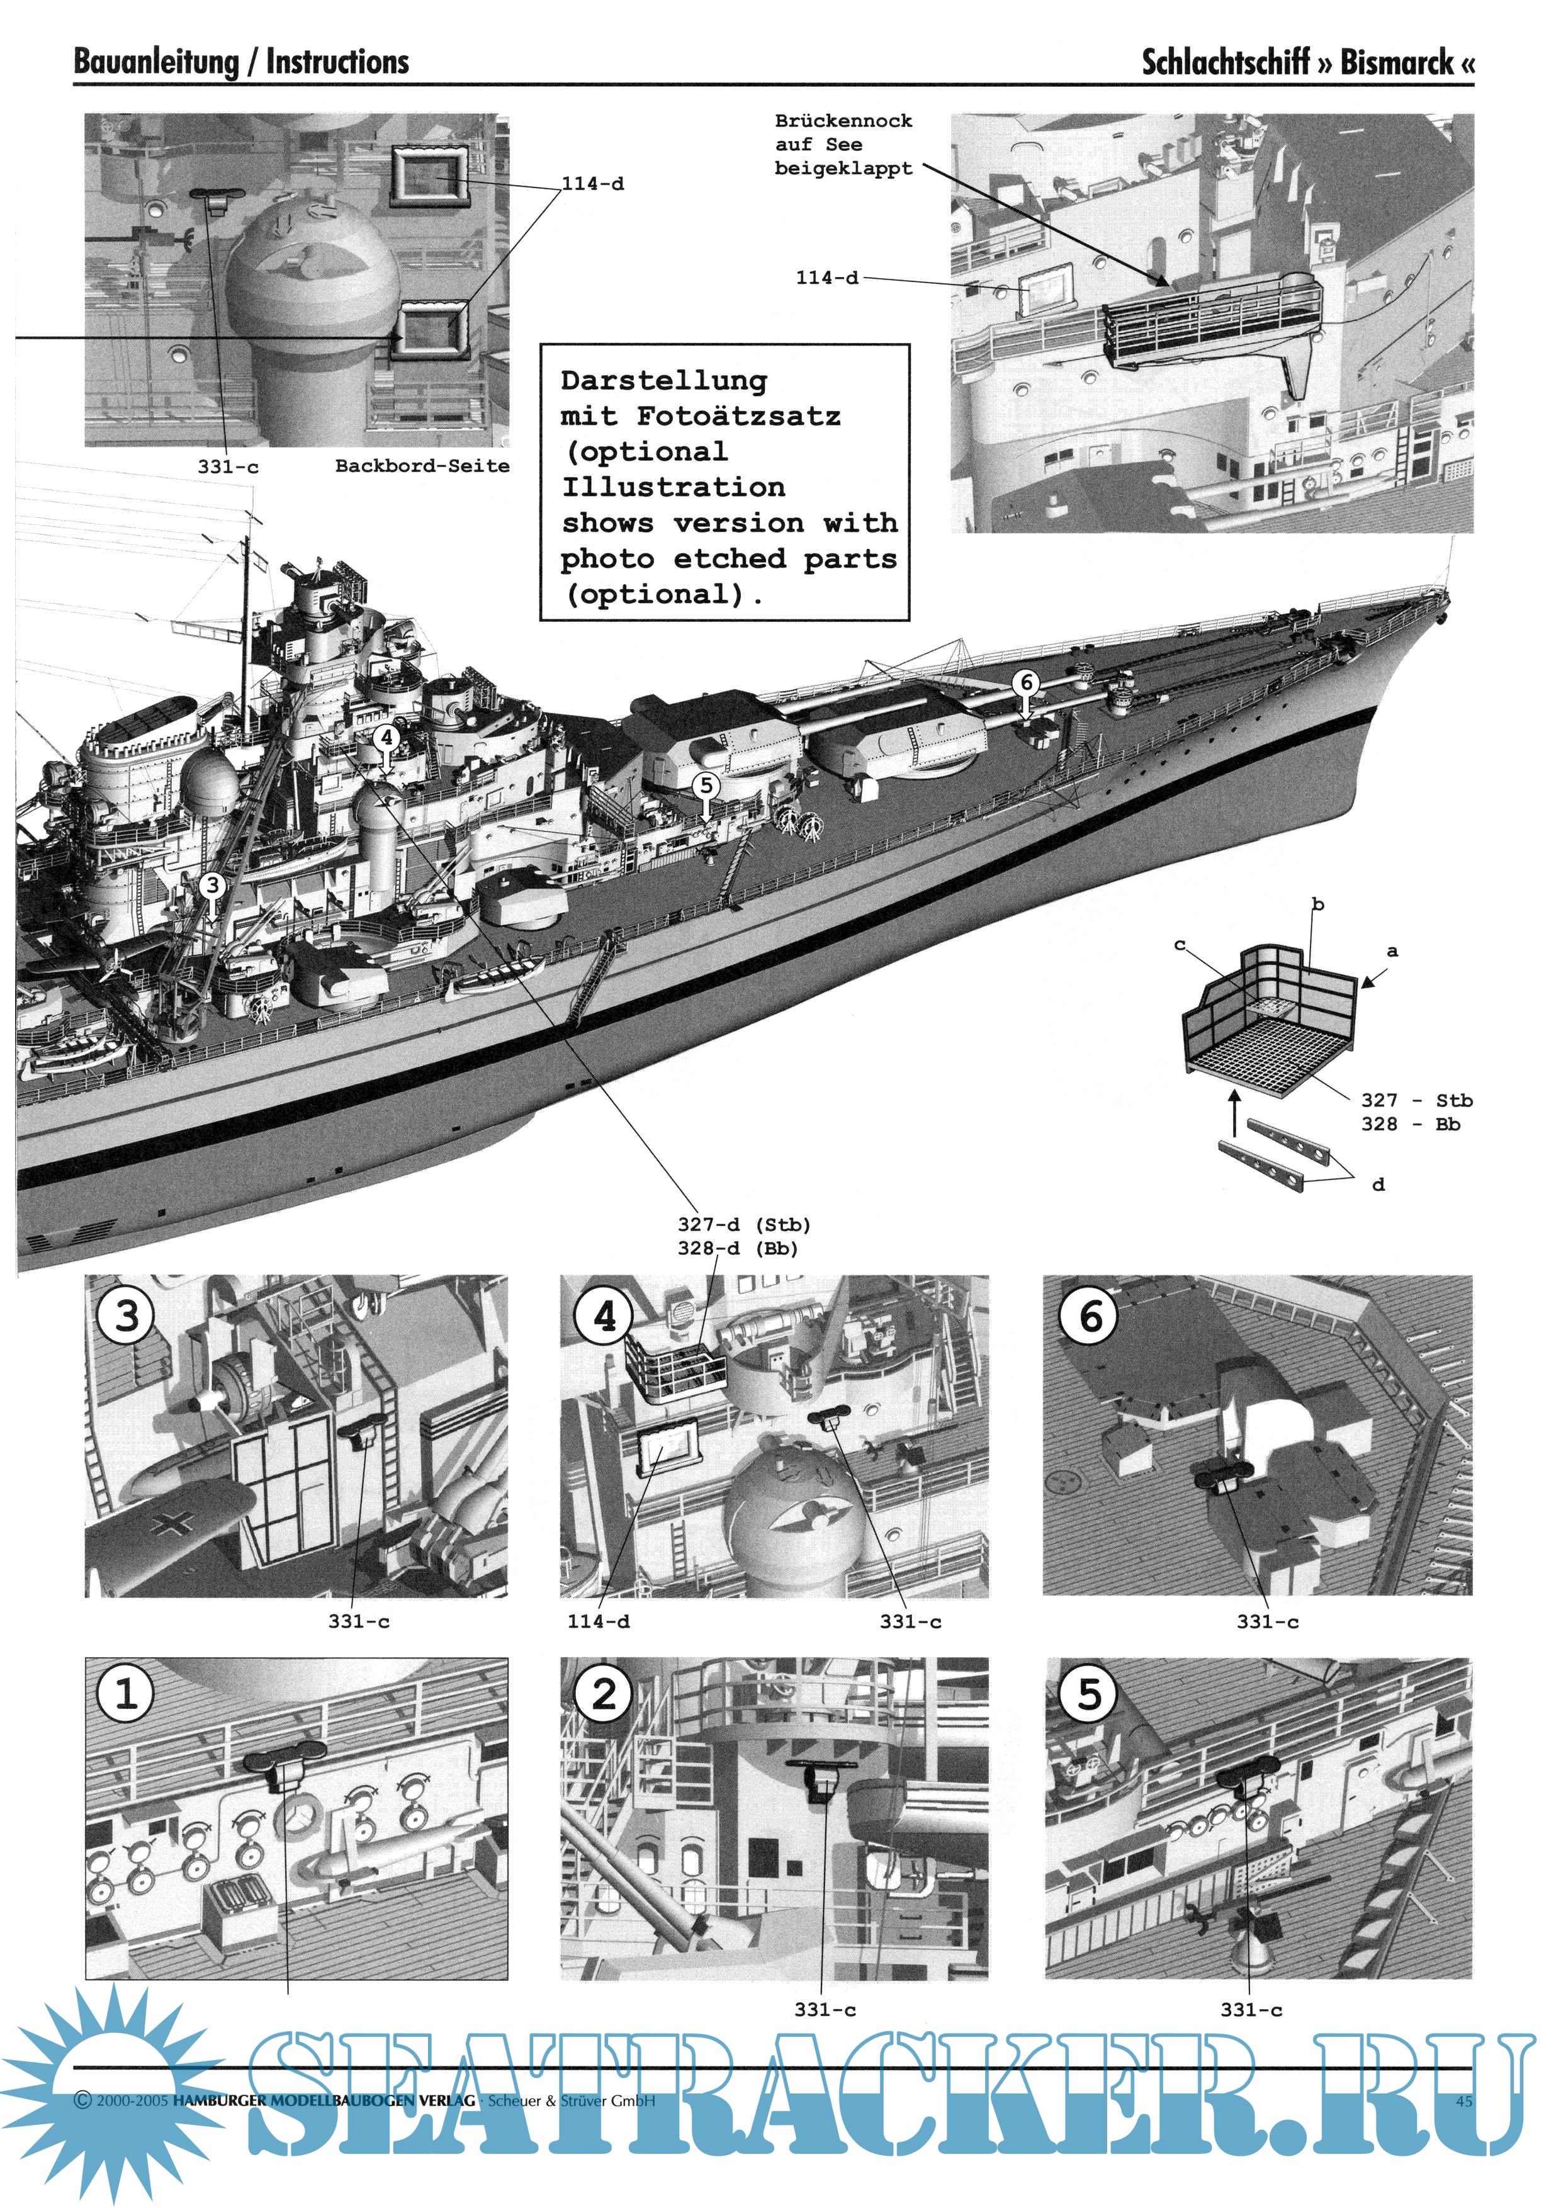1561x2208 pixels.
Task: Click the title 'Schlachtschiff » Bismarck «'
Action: tap(1307, 62)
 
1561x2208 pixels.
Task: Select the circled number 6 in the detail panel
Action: tap(1089, 1315)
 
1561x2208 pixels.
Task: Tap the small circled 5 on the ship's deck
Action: tap(706, 785)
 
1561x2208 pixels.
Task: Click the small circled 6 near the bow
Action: tap(1026, 682)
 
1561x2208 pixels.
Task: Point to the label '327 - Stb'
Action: tap(1416, 1100)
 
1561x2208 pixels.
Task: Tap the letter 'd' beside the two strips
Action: tap(1378, 1185)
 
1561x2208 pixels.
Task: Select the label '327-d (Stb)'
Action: tap(743, 1224)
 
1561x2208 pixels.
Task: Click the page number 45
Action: tap(1464, 2101)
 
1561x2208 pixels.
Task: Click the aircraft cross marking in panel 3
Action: tap(178, 1523)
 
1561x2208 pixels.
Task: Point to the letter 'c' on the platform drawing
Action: tap(1180, 945)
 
